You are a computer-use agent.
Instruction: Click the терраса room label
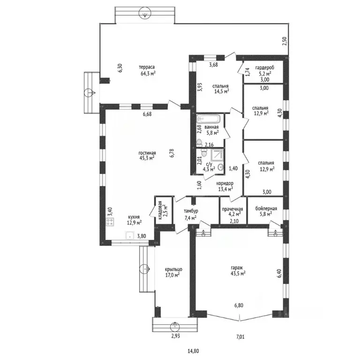pos(147,67)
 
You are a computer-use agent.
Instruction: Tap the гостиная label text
pos(147,153)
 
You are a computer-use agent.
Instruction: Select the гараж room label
pos(237,268)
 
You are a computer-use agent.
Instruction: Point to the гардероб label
pos(265,68)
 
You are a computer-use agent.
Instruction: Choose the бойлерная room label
pos(266,209)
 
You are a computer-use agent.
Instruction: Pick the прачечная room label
pos(232,209)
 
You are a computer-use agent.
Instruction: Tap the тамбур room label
pos(191,211)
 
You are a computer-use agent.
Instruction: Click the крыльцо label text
pos(173,270)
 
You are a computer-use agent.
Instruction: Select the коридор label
pos(225,183)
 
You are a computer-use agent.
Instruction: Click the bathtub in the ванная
pos(208,119)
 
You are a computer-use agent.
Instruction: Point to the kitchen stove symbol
pos(110,222)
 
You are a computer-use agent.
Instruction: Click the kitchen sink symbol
pos(130,236)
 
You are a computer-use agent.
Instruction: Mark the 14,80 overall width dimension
pos(193,351)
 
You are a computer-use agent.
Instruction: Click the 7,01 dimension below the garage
pos(240,337)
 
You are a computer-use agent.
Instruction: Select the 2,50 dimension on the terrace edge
pos(285,41)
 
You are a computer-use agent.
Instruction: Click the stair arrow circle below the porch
pos(175,326)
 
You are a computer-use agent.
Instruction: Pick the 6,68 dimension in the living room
pos(147,114)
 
